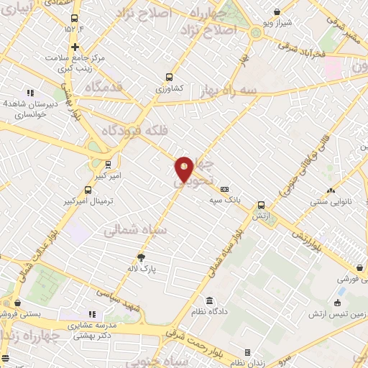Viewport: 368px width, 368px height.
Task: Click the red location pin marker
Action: (x=184, y=169)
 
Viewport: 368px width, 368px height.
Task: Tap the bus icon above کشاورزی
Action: (x=170, y=76)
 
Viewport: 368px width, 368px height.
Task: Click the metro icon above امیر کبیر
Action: (x=108, y=164)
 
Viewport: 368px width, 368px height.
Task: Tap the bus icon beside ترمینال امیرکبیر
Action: (x=88, y=190)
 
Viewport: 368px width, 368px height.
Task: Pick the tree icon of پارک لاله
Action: (x=141, y=257)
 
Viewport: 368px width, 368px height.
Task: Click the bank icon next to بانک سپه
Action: (x=225, y=189)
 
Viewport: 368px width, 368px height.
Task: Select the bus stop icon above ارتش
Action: (x=261, y=204)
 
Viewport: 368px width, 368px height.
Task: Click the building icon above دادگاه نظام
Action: (x=209, y=301)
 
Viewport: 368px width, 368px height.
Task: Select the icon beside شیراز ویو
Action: (x=277, y=11)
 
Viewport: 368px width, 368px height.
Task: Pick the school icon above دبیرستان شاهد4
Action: (x=30, y=92)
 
